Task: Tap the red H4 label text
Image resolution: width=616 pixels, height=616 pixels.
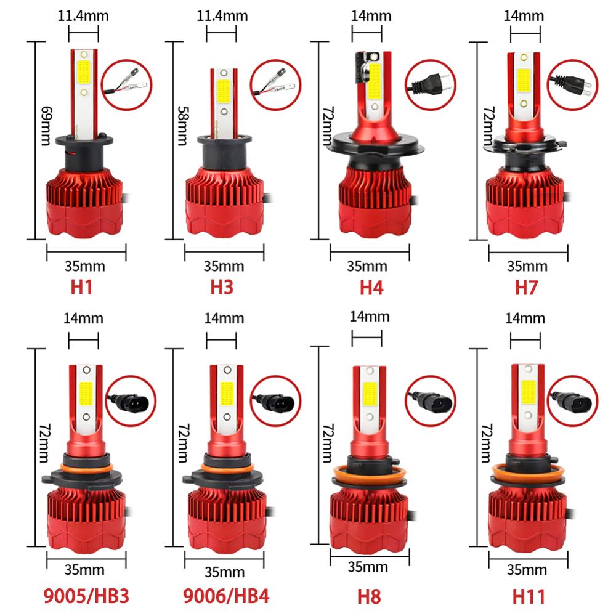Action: point(371,288)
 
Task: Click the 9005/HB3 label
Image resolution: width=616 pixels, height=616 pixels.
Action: point(87,596)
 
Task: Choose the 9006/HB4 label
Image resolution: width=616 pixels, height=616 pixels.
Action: point(226,596)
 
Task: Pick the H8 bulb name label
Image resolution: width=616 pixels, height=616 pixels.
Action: point(370,596)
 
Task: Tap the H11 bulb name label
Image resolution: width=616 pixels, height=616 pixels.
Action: point(529,596)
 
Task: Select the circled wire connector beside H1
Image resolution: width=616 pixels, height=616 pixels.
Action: point(127,86)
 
